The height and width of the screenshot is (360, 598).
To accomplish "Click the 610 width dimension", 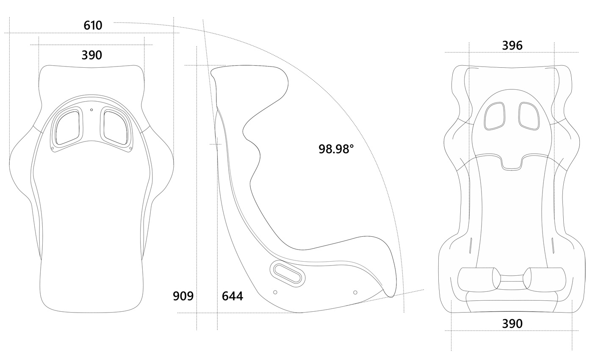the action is [x=93, y=25].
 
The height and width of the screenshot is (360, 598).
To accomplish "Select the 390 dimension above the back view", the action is [x=92, y=55].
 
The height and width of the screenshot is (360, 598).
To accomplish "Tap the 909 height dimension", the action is [x=183, y=296].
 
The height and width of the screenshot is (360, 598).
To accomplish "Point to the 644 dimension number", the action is [x=233, y=296].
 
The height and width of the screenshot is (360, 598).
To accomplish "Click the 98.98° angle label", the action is [x=336, y=149].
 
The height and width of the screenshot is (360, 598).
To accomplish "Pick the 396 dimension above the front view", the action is [x=512, y=45].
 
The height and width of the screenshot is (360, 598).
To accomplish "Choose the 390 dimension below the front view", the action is [x=512, y=324].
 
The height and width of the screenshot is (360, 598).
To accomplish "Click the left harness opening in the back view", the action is [x=67, y=128].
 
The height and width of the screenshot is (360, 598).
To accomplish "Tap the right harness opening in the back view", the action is [x=115, y=128].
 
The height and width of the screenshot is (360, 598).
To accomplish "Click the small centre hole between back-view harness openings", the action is [x=91, y=110].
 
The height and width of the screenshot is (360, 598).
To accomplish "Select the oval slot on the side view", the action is [x=288, y=273].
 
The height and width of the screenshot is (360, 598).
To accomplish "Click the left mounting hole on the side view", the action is [x=275, y=292].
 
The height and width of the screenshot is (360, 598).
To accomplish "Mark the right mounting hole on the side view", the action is [x=355, y=292].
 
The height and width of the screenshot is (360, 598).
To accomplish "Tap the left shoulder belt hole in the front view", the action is [x=494, y=116].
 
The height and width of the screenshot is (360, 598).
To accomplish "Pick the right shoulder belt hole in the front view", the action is [x=529, y=116].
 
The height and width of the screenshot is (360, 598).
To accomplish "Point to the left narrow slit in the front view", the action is [x=471, y=245].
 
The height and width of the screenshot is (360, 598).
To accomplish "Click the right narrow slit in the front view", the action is [x=553, y=245].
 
